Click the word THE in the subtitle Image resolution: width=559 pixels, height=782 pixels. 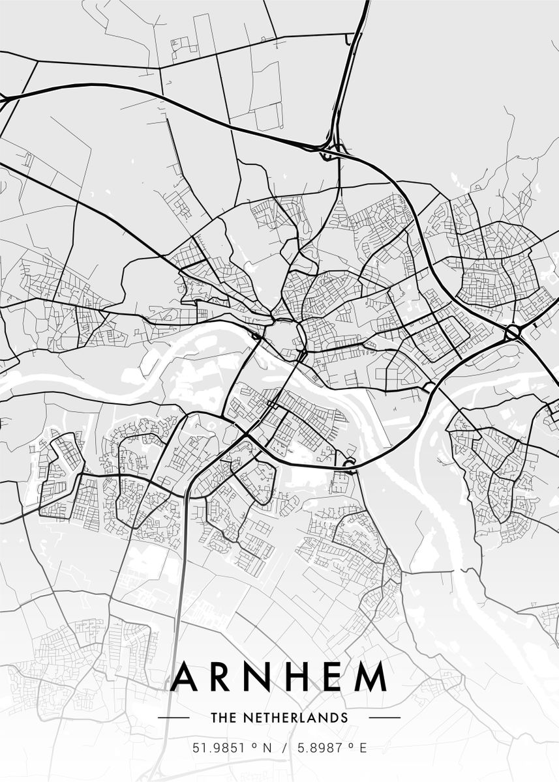coord(222,717)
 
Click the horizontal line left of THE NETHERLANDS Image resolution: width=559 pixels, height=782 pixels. coord(174,717)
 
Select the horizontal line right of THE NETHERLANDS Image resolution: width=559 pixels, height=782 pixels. coord(385,717)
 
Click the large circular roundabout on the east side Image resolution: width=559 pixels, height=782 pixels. coord(513,333)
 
